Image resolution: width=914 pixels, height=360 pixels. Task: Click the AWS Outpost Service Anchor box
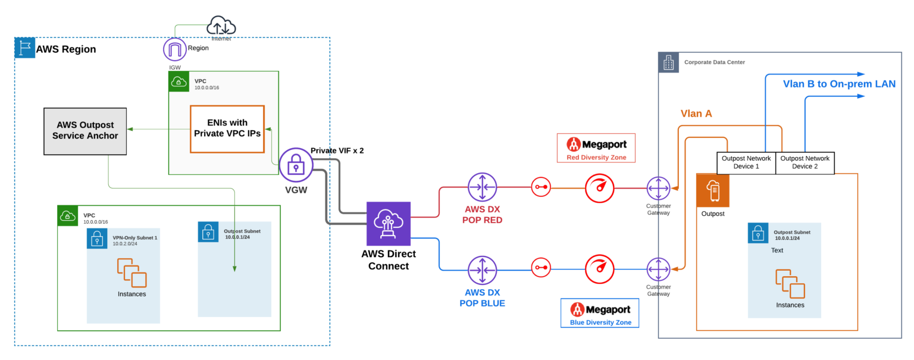[85, 131]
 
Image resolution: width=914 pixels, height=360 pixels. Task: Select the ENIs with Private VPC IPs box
[227, 129]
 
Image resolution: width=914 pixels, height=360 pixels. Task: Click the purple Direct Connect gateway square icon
[389, 223]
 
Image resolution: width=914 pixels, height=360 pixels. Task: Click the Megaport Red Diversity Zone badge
[596, 148]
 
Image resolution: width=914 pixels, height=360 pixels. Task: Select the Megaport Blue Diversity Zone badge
[599, 313]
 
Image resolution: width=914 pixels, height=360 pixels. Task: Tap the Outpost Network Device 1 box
[746, 162]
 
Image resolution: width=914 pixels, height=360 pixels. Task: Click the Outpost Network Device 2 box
[805, 162]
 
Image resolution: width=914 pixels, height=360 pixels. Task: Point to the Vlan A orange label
[696, 114]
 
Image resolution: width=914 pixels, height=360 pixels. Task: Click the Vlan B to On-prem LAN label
[839, 84]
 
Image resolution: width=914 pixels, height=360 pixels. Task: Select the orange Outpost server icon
[712, 190]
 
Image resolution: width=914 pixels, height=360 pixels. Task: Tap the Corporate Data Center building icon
[668, 62]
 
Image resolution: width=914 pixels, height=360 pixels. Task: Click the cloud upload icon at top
[221, 27]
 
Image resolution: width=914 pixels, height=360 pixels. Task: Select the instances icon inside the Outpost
[790, 283]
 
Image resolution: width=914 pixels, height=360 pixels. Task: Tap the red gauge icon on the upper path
[599, 187]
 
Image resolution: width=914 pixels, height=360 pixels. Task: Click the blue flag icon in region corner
[25, 48]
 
